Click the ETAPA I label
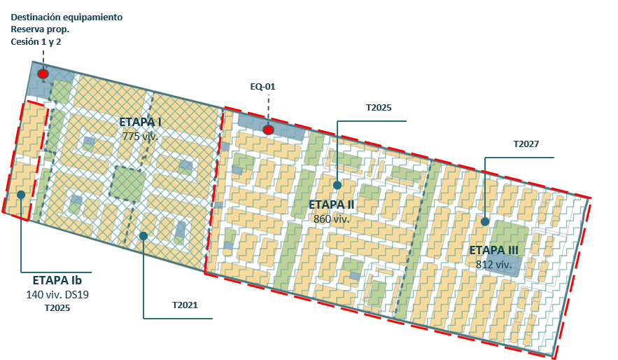click(x=140, y=123)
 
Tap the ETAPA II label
click(x=332, y=205)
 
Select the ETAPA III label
click(x=493, y=251)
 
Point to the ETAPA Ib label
click(x=62, y=279)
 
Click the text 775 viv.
click(x=140, y=136)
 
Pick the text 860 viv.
click(x=332, y=218)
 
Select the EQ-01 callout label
click(x=263, y=87)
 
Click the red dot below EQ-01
click(x=268, y=130)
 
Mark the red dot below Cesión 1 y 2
click(x=43, y=74)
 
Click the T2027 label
click(x=526, y=144)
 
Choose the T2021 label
click(x=185, y=305)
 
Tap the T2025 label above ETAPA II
click(x=379, y=108)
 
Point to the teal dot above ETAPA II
click(x=337, y=186)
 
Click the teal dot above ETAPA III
click(x=484, y=221)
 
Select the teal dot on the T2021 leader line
click(x=143, y=236)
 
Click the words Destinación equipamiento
click(x=66, y=16)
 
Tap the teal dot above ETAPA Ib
click(x=22, y=195)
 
